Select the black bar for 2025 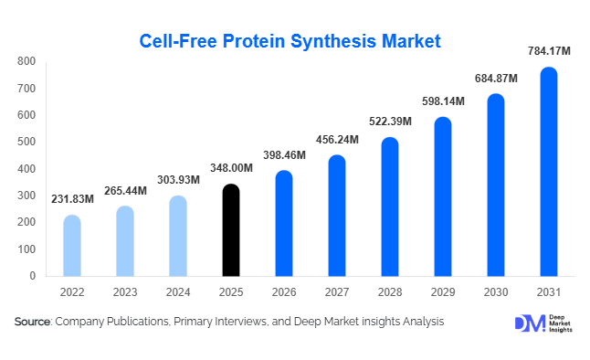[x=232, y=230]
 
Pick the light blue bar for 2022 [x=71, y=246]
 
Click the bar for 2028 [x=389, y=206]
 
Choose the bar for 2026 [x=284, y=223]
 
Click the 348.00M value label [x=232, y=170]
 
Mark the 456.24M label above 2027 [x=337, y=141]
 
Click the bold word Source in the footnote [x=33, y=322]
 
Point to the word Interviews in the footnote [x=237, y=322]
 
